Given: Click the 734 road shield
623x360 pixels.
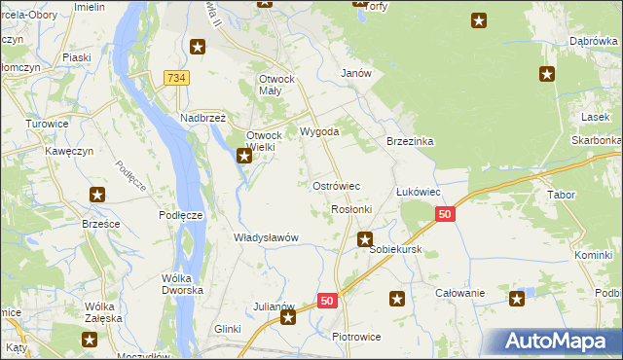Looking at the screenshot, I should coord(176,78).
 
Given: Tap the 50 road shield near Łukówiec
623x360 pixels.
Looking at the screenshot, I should coord(445,214).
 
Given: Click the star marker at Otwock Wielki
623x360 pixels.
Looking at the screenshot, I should coord(244,155).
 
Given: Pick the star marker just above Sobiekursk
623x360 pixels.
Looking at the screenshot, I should coord(365,238).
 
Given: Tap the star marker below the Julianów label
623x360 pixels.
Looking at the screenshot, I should coord(287,317).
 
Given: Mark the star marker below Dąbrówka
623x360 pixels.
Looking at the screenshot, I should coord(547,73).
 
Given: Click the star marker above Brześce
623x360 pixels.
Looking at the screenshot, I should coord(97,195).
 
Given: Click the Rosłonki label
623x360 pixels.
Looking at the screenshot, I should coord(351,209).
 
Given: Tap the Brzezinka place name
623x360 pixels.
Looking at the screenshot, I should coord(409,141).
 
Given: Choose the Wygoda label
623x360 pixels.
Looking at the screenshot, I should coord(319,131).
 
